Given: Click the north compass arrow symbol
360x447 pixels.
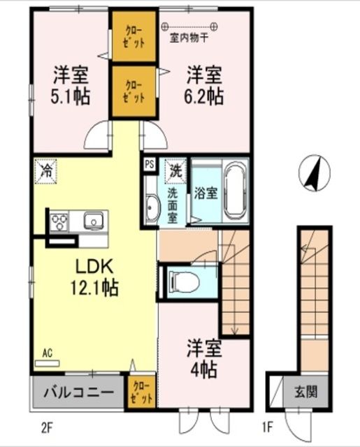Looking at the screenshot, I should [313, 173].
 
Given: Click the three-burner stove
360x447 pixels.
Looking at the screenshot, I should [57, 222].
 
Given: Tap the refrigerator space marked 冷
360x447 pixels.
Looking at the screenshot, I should [45, 170].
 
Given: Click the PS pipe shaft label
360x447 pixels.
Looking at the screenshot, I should [149, 165].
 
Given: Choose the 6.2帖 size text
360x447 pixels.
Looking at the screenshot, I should [205, 96].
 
